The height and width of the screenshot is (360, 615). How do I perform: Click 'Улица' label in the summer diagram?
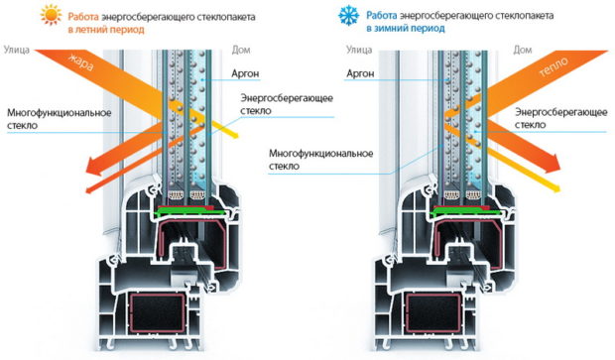tap(18, 49)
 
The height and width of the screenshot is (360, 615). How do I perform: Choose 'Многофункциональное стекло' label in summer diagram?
tap(54, 119)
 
